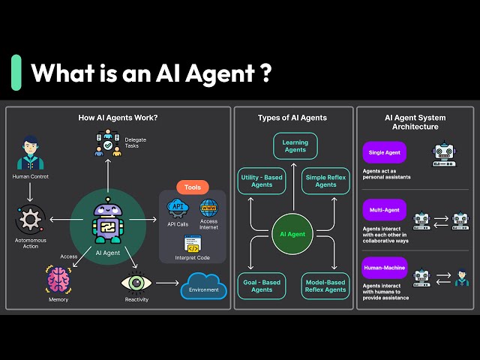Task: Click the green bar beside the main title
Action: tap(16, 73)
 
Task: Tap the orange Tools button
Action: tap(193, 187)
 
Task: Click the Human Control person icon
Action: tap(31, 152)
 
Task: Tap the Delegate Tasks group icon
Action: tap(107, 144)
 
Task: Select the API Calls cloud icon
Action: tap(178, 207)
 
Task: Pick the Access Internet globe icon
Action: tap(208, 207)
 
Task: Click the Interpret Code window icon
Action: tap(193, 243)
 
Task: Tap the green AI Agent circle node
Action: tap(292, 234)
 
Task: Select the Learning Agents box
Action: tap(295, 145)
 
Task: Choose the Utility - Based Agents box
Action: tap(262, 180)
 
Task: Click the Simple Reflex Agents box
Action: tap(327, 180)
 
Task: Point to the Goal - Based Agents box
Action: tap(262, 286)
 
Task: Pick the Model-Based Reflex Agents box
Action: tap(325, 286)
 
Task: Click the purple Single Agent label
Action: tap(385, 153)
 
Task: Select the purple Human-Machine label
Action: tap(385, 268)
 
